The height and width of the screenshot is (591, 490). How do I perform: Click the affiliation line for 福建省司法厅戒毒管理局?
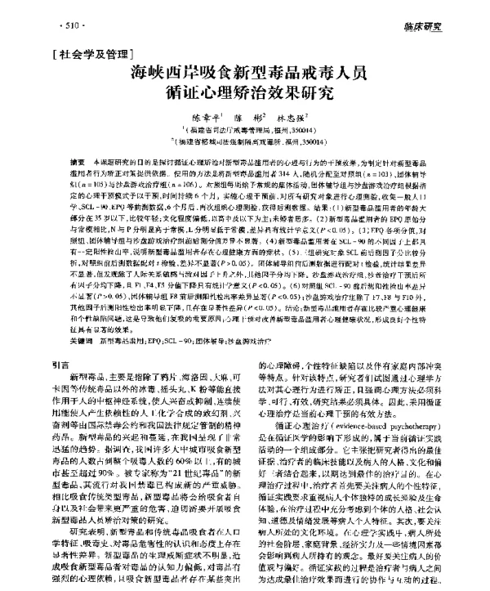click(244, 129)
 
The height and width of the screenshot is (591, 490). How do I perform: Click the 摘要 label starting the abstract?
click(78, 163)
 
